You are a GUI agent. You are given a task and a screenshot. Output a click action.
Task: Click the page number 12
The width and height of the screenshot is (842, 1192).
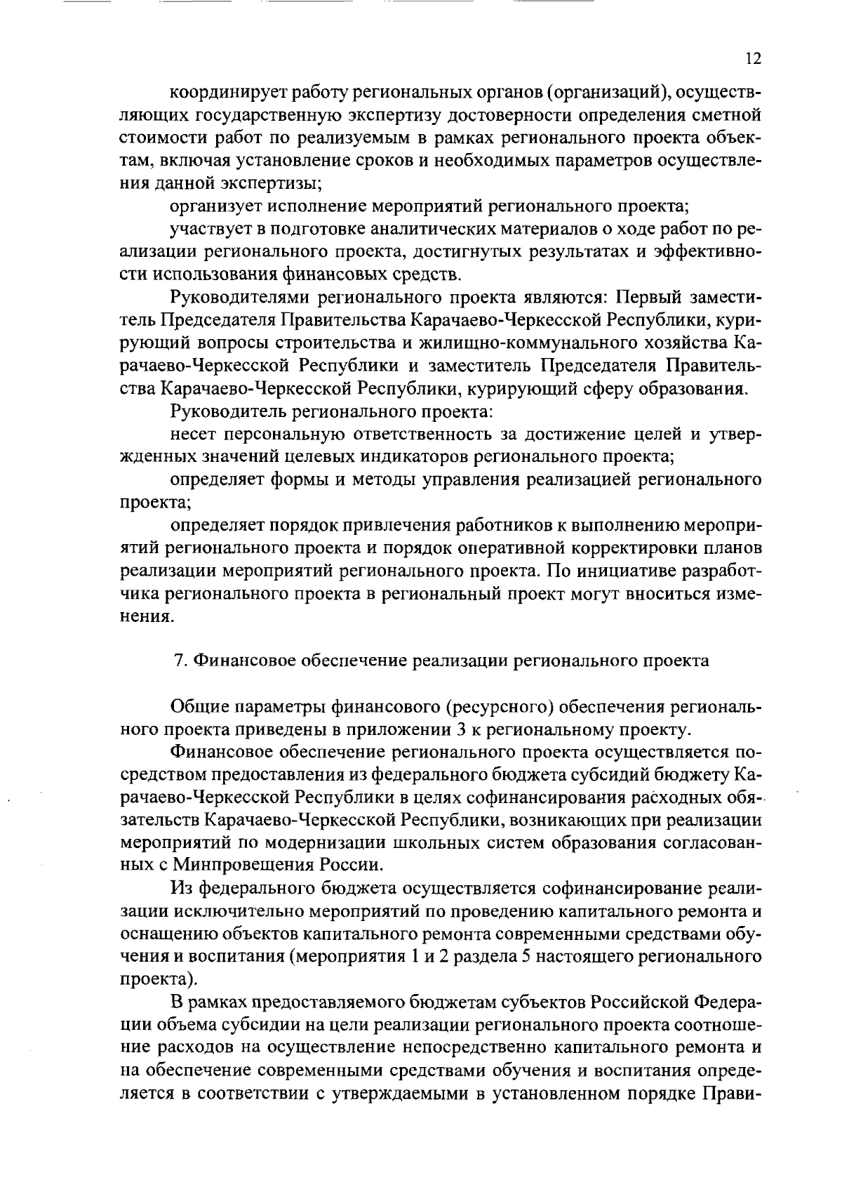coord(753,59)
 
